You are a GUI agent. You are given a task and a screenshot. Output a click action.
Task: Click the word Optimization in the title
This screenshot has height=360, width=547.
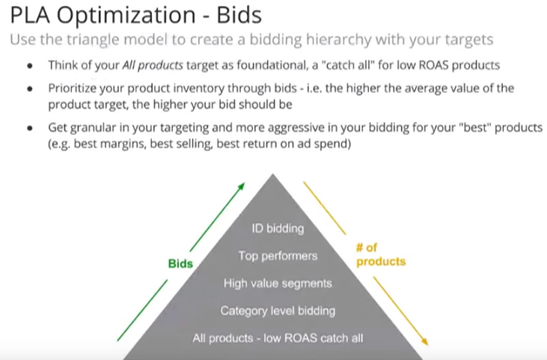[x=126, y=16]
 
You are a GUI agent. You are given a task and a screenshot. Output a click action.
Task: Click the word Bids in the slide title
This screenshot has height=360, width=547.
[x=239, y=15]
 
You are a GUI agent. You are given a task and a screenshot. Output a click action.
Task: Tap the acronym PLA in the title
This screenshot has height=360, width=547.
[x=31, y=15]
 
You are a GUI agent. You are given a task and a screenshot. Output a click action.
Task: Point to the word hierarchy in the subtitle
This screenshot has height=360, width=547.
[x=339, y=40]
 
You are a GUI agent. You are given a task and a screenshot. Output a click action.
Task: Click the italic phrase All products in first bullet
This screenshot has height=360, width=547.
[x=153, y=65]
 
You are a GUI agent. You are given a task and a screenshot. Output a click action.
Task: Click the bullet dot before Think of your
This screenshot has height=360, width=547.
[x=30, y=66]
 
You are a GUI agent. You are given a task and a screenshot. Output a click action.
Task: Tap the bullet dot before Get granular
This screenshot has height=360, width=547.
[x=30, y=129]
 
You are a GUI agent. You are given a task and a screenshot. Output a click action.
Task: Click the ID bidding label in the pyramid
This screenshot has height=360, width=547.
[x=278, y=228]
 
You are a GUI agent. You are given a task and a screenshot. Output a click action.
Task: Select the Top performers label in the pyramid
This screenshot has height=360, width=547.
[x=278, y=256]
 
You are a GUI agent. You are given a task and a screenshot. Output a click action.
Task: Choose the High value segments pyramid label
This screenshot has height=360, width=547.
[x=278, y=283]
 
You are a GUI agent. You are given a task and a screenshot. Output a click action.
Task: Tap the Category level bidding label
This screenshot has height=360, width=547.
[x=278, y=311]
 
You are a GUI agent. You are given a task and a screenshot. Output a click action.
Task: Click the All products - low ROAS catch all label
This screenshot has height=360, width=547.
[x=278, y=338]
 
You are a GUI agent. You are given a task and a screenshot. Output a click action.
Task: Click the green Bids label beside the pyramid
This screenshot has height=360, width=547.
[x=180, y=263]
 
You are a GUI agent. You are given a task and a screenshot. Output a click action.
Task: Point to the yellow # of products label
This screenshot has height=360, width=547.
[x=381, y=254]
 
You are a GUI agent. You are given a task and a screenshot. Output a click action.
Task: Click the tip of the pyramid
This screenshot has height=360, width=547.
[x=273, y=174]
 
